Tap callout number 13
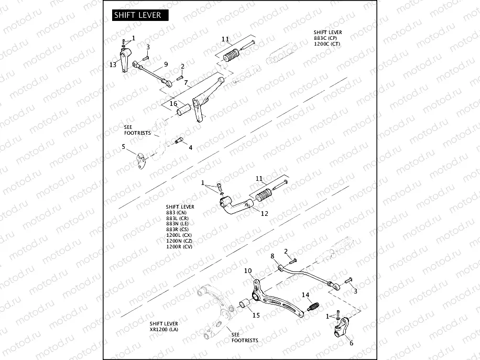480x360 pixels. [x=113, y=64]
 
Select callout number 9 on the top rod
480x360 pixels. [x=165, y=64]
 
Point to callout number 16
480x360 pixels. [x=173, y=104]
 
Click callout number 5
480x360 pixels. [x=124, y=147]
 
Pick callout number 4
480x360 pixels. [x=190, y=148]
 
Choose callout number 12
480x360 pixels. [x=265, y=214]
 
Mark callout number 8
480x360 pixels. [x=272, y=256]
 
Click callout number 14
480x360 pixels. [x=305, y=295]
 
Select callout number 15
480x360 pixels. [x=256, y=315]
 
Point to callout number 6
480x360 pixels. [x=351, y=343]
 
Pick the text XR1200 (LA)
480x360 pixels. [x=163, y=330]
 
